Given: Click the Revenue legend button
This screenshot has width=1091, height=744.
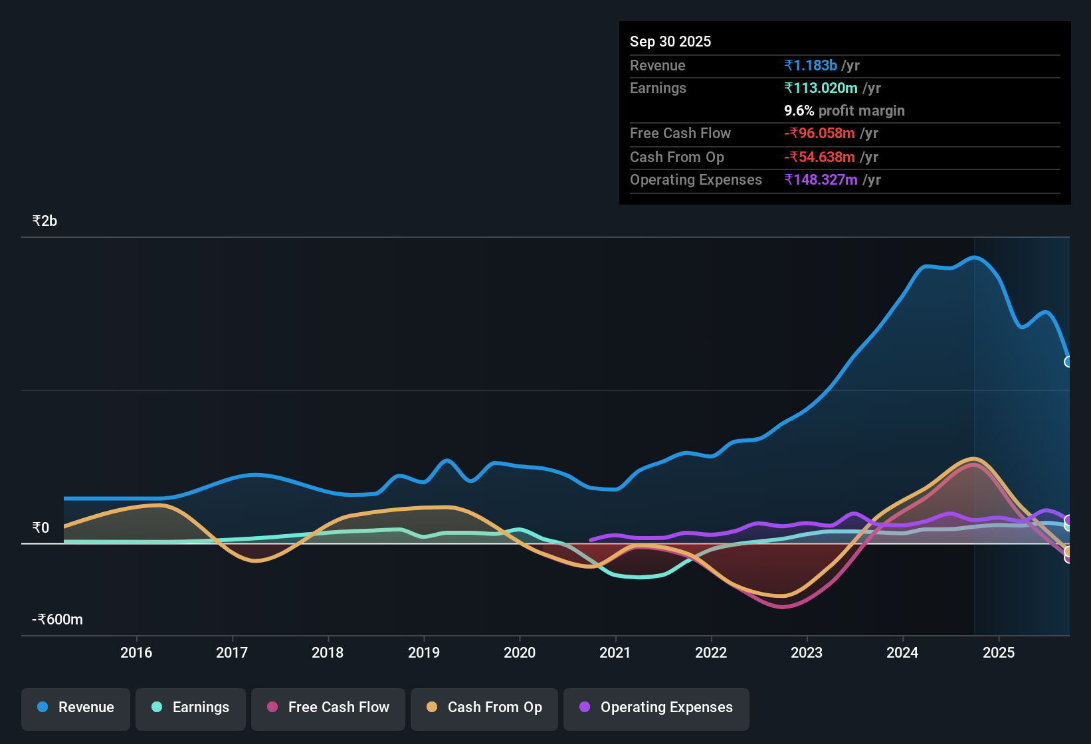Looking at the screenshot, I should [76, 707].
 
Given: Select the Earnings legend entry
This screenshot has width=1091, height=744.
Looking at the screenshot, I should [191, 707].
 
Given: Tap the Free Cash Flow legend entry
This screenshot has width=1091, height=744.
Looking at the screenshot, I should [328, 707].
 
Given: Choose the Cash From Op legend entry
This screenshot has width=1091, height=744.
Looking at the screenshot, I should [484, 707].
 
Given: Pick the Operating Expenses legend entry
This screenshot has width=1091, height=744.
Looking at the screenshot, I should [656, 707].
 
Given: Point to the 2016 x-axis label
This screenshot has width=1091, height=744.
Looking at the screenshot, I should [136, 652].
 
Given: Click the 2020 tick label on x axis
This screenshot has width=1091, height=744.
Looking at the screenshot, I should [520, 652].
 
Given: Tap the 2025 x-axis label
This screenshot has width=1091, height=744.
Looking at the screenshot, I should [999, 652].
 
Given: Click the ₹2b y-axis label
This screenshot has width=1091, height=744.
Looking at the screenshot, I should [45, 221].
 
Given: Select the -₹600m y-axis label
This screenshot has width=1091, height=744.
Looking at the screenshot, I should [58, 620].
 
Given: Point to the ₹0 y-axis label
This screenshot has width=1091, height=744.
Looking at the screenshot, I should [41, 528].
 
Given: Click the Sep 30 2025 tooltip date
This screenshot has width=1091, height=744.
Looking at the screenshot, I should [670, 41].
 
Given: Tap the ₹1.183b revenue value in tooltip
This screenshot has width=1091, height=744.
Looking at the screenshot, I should [811, 65].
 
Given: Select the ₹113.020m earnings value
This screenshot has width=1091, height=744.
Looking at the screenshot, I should [821, 88].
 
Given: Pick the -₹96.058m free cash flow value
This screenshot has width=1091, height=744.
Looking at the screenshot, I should [820, 133].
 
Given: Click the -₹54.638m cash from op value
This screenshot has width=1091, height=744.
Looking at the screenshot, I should [820, 157].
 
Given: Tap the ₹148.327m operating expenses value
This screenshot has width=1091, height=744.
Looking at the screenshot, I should [821, 179].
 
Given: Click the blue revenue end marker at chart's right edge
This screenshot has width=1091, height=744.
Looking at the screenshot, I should [1068, 362].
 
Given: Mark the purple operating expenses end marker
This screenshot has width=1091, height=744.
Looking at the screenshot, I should [1068, 520].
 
